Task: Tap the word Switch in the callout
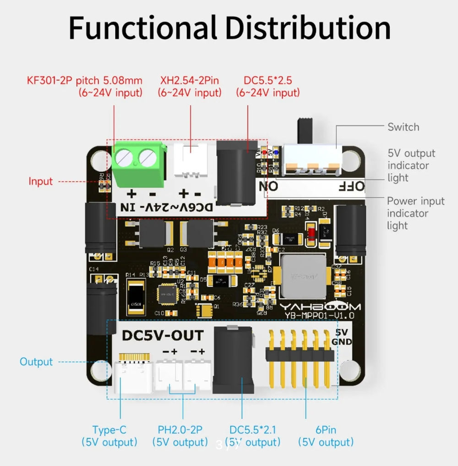click(403, 127)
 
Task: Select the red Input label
click(41, 181)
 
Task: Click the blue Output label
click(36, 361)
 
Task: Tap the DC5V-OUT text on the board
click(163, 336)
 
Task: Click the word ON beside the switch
click(268, 186)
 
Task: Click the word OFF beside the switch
click(351, 186)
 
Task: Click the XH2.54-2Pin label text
click(190, 80)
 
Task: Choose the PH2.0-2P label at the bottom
click(180, 430)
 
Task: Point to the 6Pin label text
click(326, 430)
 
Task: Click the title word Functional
click(142, 28)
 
